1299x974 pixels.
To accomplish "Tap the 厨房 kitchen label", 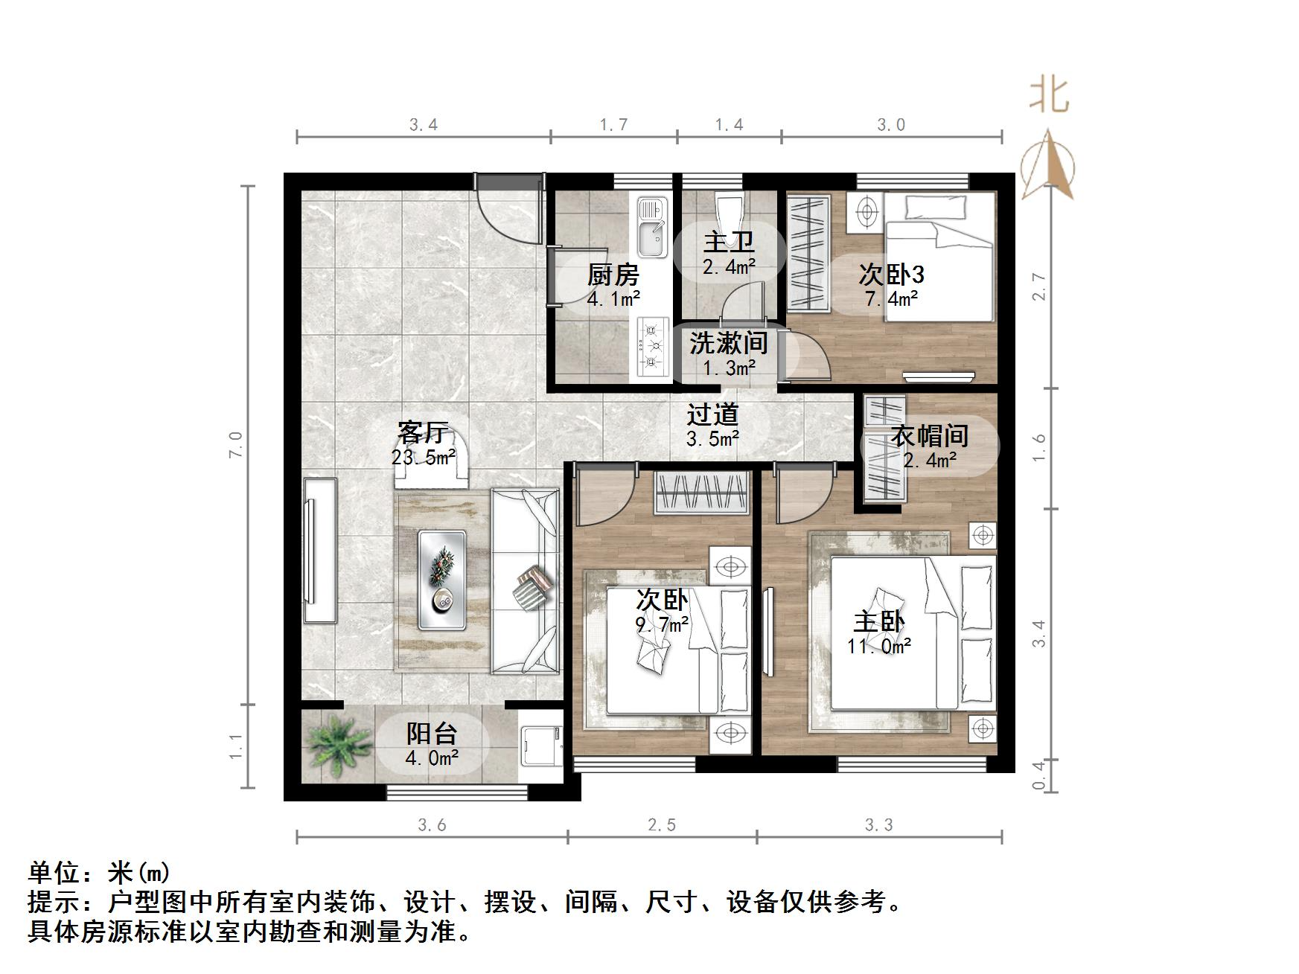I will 613,275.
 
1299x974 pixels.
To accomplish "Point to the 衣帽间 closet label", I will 929,436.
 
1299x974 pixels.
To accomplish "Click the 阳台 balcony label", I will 431,734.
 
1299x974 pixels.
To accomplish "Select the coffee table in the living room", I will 442,572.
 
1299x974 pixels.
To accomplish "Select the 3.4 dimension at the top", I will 423,125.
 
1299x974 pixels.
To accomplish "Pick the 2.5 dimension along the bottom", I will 661,825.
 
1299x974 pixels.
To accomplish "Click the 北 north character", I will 1049,97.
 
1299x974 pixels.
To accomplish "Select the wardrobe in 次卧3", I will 808,253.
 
